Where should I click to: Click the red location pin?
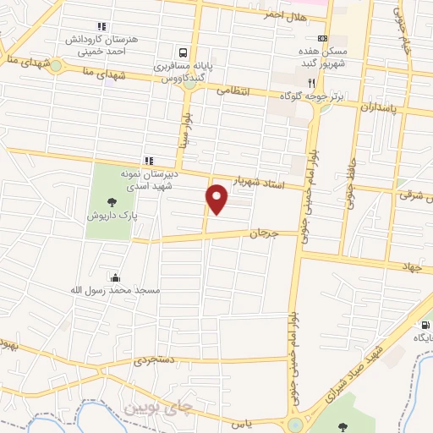[217, 198]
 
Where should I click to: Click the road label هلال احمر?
[285, 15]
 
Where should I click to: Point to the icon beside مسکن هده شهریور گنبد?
[322, 38]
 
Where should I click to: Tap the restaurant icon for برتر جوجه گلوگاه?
[311, 83]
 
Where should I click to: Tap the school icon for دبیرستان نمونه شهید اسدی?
[149, 159]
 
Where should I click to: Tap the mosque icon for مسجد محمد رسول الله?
[115, 277]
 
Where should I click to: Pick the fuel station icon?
[424, 325]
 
